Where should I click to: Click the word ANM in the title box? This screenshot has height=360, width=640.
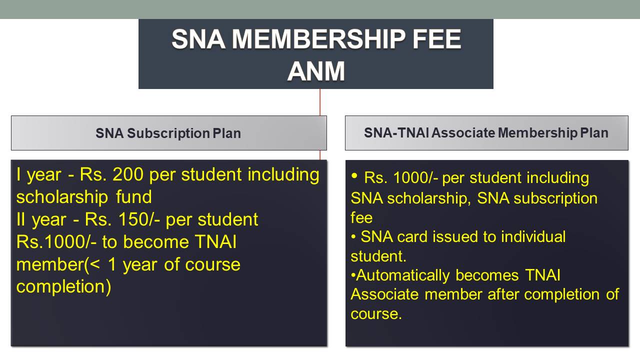click(x=316, y=71)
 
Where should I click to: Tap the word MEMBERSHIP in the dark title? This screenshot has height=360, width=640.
click(x=318, y=39)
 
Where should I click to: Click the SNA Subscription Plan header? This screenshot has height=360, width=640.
click(x=168, y=133)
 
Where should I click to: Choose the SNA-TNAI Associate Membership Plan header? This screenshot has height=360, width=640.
click(x=486, y=133)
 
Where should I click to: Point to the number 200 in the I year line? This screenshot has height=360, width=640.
click(x=127, y=174)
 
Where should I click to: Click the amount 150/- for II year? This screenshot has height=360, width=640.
click(x=139, y=219)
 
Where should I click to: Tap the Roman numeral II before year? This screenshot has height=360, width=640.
click(x=20, y=219)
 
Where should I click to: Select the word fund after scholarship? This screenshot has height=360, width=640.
click(x=133, y=197)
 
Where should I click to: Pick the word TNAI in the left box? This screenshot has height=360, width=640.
click(x=215, y=241)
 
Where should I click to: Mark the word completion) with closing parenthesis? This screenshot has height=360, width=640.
click(x=63, y=286)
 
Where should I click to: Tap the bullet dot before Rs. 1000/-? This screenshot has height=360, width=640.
click(x=354, y=175)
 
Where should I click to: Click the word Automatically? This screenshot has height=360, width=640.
click(x=403, y=275)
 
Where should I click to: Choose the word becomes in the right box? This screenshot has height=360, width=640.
click(x=487, y=275)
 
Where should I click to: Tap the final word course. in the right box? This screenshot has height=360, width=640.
click(x=376, y=314)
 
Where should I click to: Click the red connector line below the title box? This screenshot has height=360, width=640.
click(x=320, y=102)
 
